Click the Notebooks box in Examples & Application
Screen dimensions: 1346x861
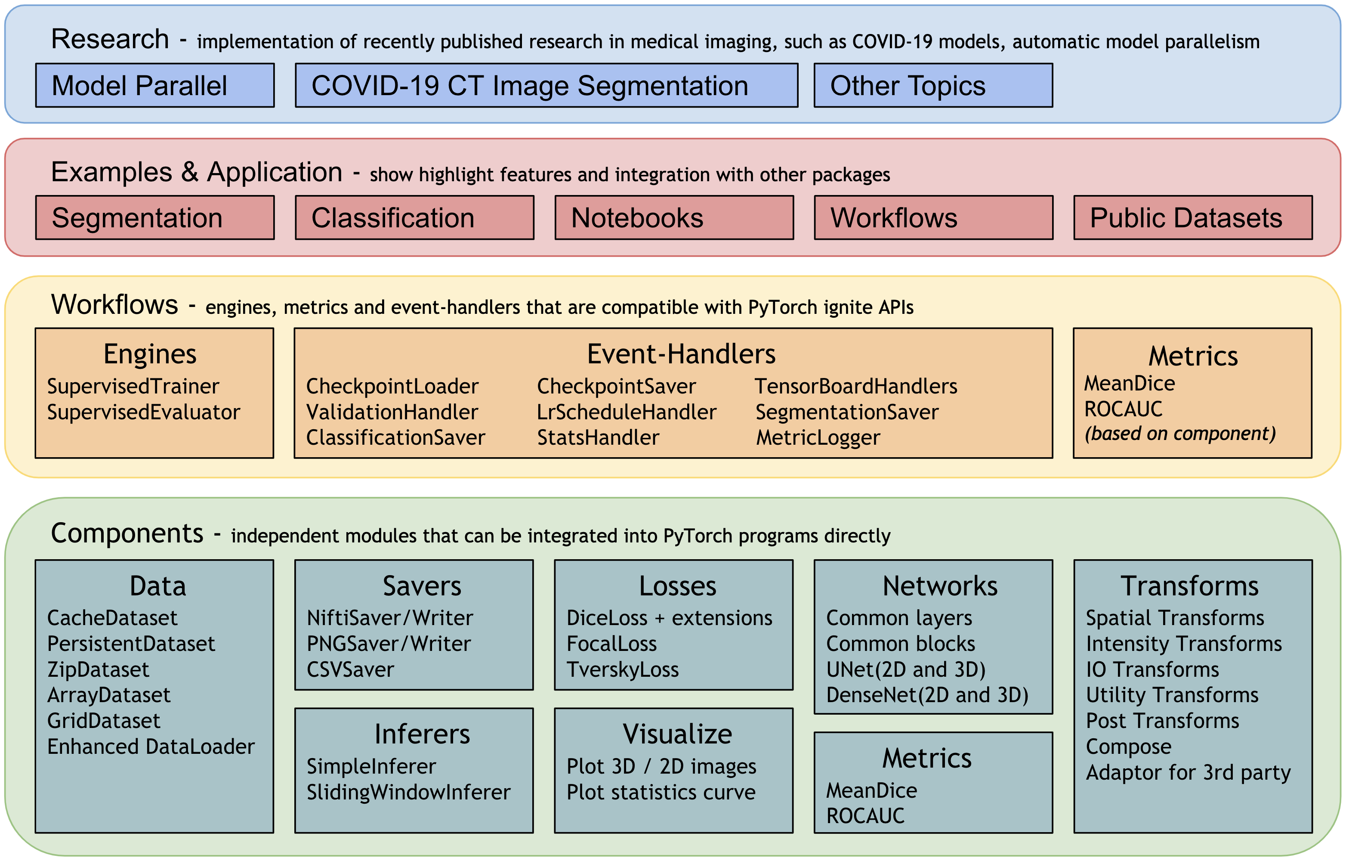tap(674, 217)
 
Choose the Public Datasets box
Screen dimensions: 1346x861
tap(1193, 217)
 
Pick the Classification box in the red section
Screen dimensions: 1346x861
tap(415, 217)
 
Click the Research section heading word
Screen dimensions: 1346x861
tap(110, 39)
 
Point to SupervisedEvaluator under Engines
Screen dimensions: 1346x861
tap(144, 412)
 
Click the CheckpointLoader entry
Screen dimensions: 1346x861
tap(392, 386)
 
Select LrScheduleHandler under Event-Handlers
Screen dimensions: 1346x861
tap(627, 412)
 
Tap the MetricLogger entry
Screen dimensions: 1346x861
tap(818, 438)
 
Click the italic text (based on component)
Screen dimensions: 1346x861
tap(1180, 433)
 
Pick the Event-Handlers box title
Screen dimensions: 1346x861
tap(681, 354)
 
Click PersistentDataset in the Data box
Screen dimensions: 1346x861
tap(131, 644)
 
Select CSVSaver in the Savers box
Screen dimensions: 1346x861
tap(350, 669)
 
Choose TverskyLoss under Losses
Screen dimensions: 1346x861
tap(623, 669)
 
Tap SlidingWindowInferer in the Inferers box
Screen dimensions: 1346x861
tap(409, 792)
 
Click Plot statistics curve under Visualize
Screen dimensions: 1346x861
tap(661, 792)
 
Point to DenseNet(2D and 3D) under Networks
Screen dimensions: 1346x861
tap(927, 695)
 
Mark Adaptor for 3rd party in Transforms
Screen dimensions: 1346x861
tap(1189, 772)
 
